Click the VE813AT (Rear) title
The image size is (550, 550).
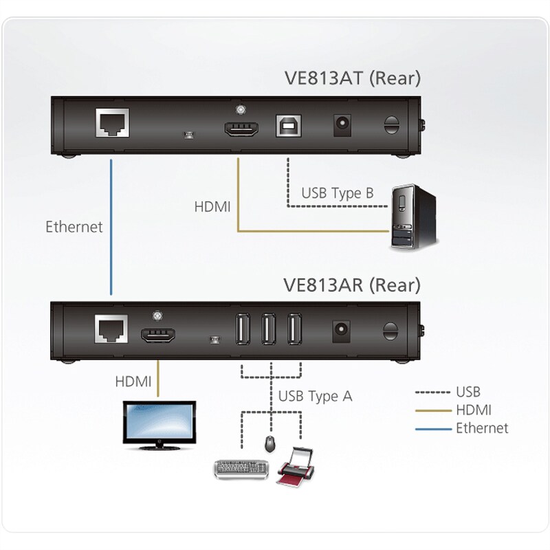coord(351,78)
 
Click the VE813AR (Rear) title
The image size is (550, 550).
coord(351,285)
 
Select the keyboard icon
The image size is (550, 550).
coord(241,469)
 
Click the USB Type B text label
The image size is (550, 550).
coord(337,193)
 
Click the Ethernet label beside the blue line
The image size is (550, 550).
coord(74,226)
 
